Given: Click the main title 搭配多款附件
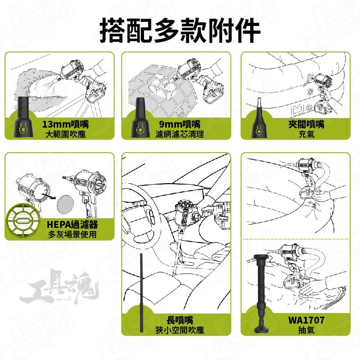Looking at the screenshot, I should (x=180, y=30).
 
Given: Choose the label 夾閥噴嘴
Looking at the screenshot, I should (x=306, y=124).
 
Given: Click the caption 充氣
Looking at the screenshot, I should (x=306, y=134).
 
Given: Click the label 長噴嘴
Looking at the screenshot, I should (x=182, y=320).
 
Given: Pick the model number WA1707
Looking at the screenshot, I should (x=306, y=320).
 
